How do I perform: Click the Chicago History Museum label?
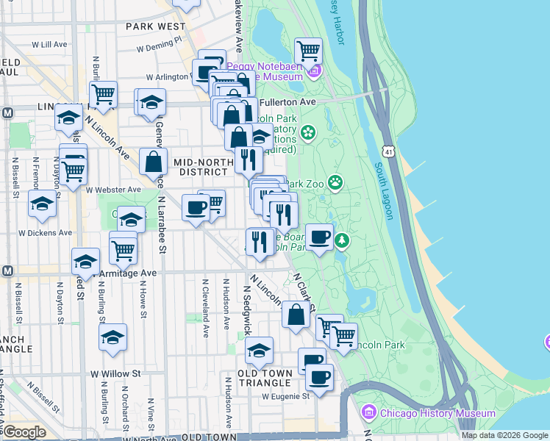(438, 413)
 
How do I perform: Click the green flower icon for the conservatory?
(307, 133)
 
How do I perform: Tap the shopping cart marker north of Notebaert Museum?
(308, 51)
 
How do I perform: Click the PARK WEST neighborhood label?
(155, 26)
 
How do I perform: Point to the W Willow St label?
(115, 374)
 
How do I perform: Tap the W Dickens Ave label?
(46, 232)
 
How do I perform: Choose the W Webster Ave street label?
(113, 190)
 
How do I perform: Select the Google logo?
(24, 432)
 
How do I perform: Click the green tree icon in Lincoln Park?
(342, 240)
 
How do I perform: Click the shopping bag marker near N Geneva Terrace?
(153, 162)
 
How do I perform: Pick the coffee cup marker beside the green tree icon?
(319, 237)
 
